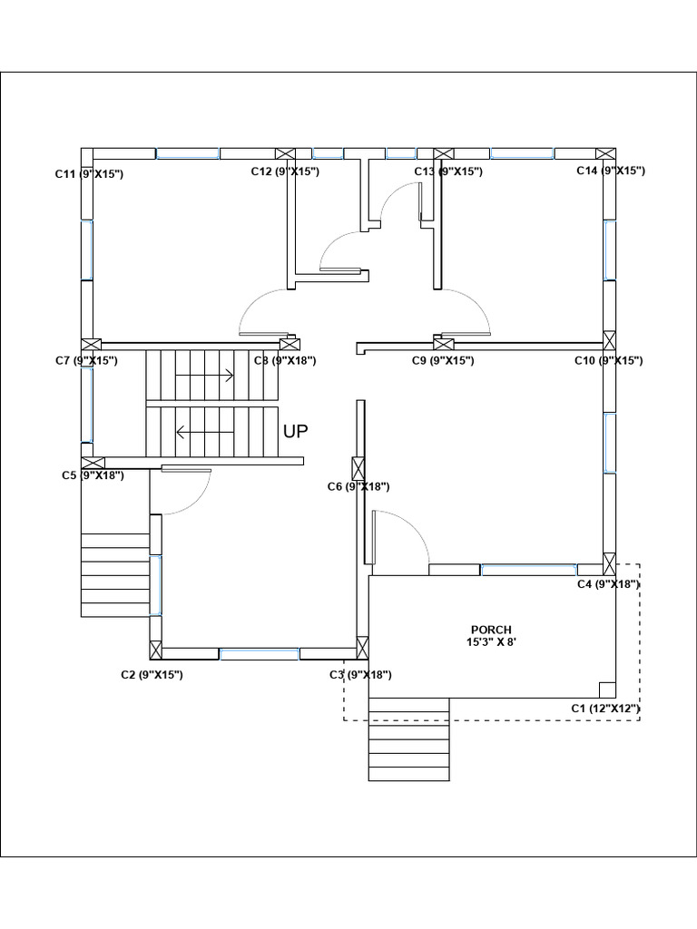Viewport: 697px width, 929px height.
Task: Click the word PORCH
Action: pos(491,630)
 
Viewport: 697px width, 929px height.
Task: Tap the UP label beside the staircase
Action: pos(296,432)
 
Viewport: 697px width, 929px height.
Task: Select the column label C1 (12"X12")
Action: pos(605,708)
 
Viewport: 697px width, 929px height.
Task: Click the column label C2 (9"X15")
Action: pos(152,675)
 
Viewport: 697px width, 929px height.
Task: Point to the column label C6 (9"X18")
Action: pos(358,487)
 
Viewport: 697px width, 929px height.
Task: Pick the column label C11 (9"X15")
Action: pos(89,173)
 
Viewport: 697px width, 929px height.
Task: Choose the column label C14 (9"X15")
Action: pos(611,171)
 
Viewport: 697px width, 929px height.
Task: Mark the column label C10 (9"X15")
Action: pos(608,361)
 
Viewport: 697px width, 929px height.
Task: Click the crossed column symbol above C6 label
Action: pos(359,469)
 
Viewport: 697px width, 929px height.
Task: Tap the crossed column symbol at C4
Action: pos(610,562)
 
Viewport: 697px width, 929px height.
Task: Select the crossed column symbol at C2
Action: pos(155,650)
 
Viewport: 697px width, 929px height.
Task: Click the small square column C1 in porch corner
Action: pos(607,689)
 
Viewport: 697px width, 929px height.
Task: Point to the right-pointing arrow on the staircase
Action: pos(205,375)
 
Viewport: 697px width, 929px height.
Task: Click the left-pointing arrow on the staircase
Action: pos(205,433)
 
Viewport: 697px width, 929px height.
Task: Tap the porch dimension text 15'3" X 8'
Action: pos(491,642)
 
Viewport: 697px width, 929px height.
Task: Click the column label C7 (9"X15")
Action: pos(86,361)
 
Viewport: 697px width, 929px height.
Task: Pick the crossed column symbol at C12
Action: pos(285,153)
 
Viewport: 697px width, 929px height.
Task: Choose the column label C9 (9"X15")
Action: pos(443,361)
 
